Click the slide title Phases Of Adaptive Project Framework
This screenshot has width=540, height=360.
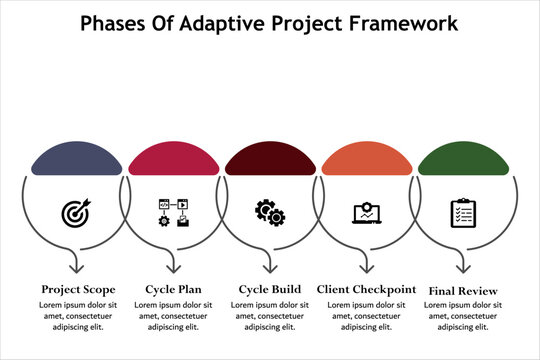coord(269,21)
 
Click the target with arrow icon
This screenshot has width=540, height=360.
coord(75,212)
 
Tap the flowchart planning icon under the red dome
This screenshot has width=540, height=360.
coord(172,212)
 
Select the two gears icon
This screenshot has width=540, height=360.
coord(268,211)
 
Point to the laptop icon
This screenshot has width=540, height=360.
coord(365,213)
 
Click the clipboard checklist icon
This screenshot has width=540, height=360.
coord(462,212)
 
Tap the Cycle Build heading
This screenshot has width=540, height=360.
coord(269,289)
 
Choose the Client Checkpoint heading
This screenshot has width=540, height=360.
coord(366,289)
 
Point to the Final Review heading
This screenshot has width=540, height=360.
coord(463,290)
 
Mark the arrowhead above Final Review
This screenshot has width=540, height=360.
coord(464,267)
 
